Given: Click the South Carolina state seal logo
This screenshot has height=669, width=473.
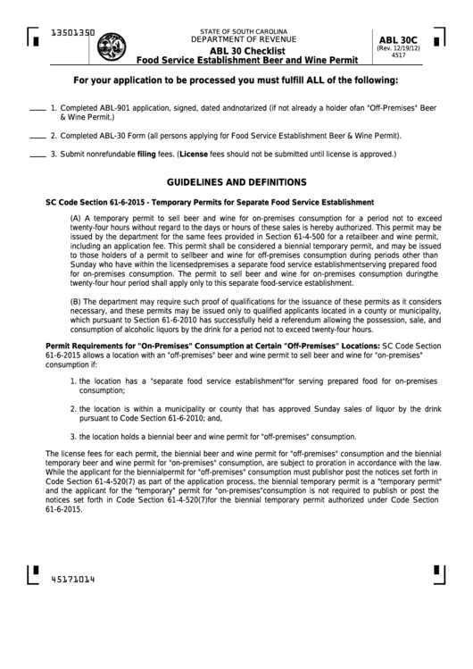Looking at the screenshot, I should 112,46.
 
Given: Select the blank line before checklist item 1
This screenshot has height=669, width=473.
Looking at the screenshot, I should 37,109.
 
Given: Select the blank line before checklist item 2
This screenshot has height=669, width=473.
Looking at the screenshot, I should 37,138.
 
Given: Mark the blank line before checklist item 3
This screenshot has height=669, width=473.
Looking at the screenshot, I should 37,155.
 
